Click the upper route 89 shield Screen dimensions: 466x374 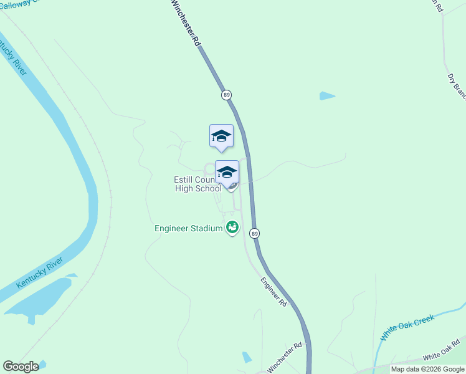click(x=226, y=95)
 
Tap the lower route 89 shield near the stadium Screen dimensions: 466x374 click(x=254, y=233)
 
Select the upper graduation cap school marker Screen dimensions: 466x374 click(x=221, y=137)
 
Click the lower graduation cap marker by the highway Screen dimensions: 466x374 click(x=227, y=173)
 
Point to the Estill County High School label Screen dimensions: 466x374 click(x=196, y=184)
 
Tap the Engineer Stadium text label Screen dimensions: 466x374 click(x=188, y=228)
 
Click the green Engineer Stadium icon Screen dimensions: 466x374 click(x=232, y=228)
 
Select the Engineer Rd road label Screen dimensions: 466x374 click(x=273, y=291)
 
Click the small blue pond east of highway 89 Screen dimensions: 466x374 click(x=326, y=96)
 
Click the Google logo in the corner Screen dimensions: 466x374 click(x=21, y=367)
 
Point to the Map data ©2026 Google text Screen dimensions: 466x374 click(x=427, y=369)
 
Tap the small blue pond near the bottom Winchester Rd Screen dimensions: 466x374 click(x=247, y=357)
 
